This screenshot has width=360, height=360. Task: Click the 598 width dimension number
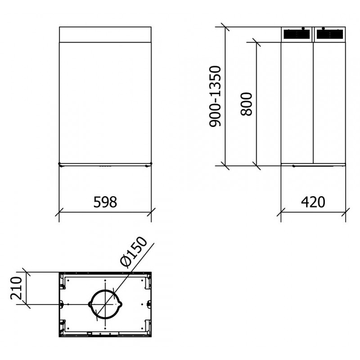pyautogui.click(x=105, y=202)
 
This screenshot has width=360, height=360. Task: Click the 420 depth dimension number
pyautogui.click(x=313, y=202)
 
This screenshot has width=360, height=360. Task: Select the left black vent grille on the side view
pyautogui.click(x=296, y=34)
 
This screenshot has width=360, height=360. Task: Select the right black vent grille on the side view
pyautogui.click(x=329, y=34)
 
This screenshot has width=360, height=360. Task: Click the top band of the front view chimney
pyautogui.click(x=105, y=34)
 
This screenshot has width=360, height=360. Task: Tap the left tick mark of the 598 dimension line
pyautogui.click(x=59, y=211)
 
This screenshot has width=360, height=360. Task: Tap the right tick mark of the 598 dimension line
pyautogui.click(x=152, y=211)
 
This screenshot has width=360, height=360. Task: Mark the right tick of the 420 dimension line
pyautogui.click(x=346, y=211)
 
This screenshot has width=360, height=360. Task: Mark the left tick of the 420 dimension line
pyautogui.click(x=281, y=211)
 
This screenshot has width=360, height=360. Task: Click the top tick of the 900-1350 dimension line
pyautogui.click(x=225, y=27)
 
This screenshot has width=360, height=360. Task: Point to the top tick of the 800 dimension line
pyautogui.click(x=256, y=42)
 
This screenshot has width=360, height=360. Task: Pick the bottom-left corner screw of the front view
pyautogui.click(x=59, y=163)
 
